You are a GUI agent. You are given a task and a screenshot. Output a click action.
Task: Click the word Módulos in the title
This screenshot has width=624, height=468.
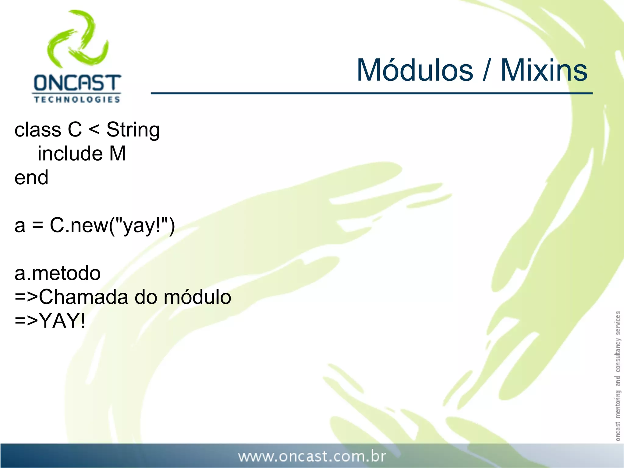[415, 71]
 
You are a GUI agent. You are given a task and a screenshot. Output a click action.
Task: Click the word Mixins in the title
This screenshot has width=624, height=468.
[544, 71]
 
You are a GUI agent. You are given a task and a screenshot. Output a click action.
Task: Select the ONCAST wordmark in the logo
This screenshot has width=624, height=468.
[77, 83]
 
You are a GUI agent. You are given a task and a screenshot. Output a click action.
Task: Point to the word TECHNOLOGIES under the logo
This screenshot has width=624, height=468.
[77, 100]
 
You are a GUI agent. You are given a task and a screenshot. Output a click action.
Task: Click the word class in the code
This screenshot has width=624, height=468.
[38, 130]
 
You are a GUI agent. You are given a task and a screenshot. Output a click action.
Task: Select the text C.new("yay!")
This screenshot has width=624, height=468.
[112, 225]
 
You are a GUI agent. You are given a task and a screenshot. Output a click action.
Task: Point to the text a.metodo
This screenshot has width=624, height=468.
[58, 273]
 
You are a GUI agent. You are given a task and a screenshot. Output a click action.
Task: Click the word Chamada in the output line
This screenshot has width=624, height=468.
[83, 297]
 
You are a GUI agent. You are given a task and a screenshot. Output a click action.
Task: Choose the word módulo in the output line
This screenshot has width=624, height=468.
[197, 297]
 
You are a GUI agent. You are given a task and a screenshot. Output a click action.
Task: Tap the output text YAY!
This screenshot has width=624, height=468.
[62, 321]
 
